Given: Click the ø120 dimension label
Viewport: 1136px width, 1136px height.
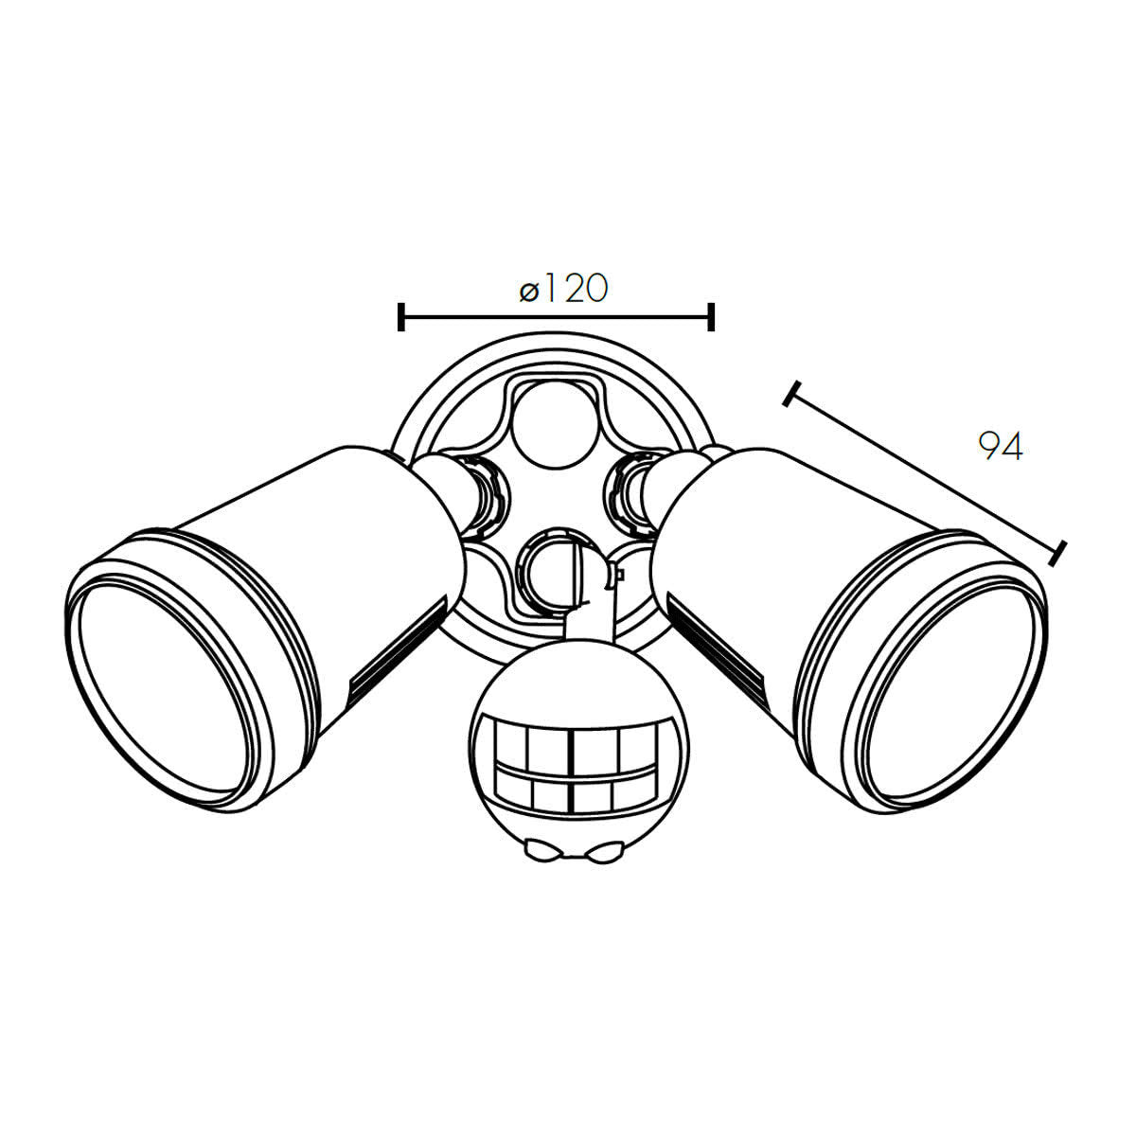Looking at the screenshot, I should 564,288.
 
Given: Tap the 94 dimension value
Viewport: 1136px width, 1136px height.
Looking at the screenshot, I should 1000,447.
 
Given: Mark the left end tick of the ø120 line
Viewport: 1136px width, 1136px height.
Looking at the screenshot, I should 401,317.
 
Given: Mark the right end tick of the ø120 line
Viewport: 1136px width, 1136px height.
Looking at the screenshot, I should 711,317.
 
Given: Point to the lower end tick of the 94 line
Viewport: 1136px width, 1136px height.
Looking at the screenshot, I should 1058,552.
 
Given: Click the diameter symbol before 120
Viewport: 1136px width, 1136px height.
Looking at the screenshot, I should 529,291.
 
